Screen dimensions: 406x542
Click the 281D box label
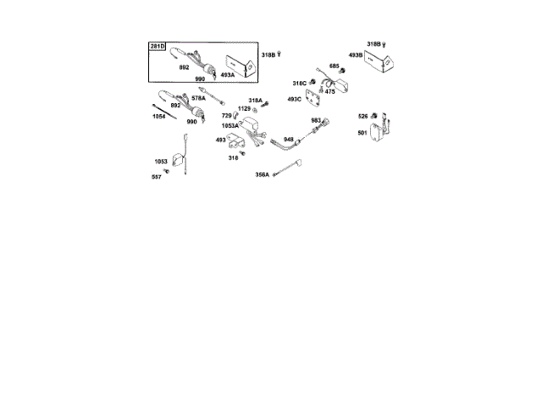coord(158,46)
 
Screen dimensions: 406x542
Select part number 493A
coord(227,74)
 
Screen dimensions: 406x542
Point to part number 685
coord(335,66)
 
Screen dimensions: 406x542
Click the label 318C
coord(299,83)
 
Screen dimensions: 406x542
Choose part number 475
coord(330,91)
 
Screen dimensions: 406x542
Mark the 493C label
coord(294,99)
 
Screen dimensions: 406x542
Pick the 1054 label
coord(158,116)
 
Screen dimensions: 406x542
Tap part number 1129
coord(244,108)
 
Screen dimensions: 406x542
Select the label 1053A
coord(230,125)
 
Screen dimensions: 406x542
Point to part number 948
coord(289,139)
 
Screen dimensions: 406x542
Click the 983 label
coord(315,120)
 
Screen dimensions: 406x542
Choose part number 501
coord(362,132)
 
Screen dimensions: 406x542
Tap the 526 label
coord(362,116)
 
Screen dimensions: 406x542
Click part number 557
coord(156,176)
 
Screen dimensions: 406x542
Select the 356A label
coord(262,174)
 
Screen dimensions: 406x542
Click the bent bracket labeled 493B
coord(383,61)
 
